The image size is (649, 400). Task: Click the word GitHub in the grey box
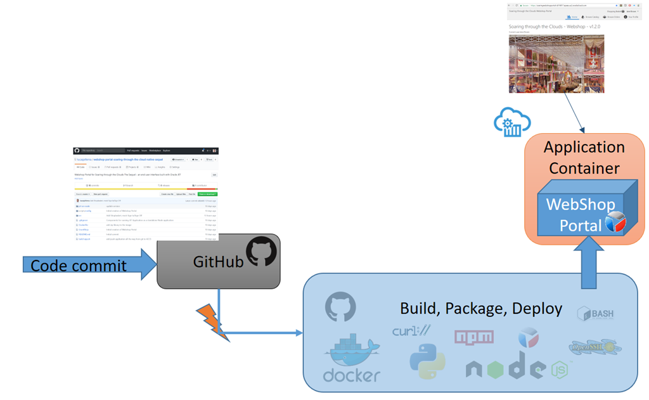218,261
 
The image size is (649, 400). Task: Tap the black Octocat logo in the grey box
261,252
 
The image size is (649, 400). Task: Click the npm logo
473,337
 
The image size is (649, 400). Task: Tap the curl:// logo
411,330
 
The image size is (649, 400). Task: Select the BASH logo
595,314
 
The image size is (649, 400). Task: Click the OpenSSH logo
595,347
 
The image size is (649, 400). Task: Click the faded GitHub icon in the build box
340,307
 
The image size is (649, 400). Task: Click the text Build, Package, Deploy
480,309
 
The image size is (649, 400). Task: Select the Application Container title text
584,157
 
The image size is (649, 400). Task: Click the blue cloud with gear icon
511,122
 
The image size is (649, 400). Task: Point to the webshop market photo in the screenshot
556,64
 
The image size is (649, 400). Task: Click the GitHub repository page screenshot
146,193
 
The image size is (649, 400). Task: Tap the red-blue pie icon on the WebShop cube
615,222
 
